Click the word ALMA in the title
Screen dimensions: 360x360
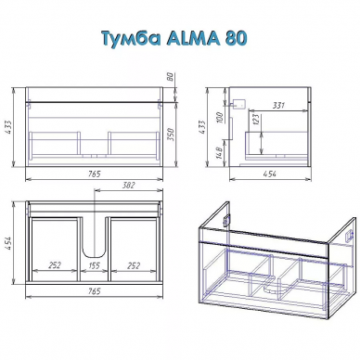click(193, 39)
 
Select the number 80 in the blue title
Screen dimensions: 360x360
click(236, 39)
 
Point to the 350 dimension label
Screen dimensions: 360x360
click(172, 135)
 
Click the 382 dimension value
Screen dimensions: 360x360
click(129, 185)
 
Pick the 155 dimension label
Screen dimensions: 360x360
click(94, 265)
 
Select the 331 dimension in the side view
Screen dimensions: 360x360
click(278, 106)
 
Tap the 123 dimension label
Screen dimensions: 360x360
click(255, 120)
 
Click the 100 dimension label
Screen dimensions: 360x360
click(220, 117)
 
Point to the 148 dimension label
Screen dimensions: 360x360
click(220, 152)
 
